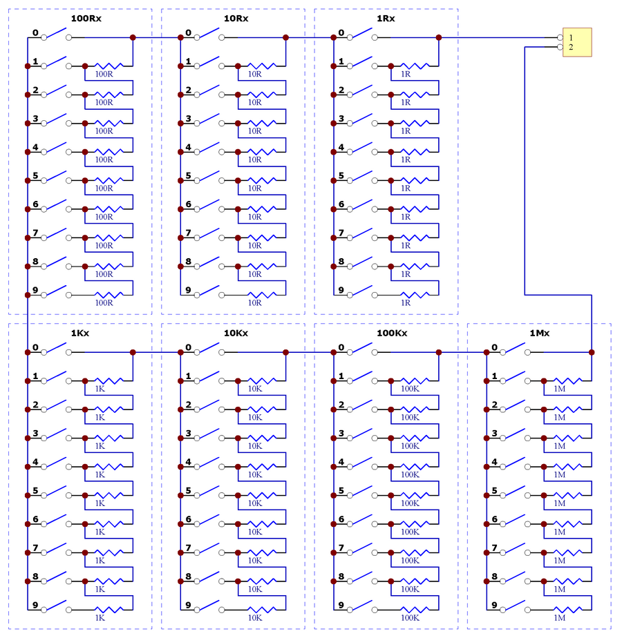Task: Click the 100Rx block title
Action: (x=86, y=19)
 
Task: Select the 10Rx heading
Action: (x=236, y=19)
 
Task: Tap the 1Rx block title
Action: (x=386, y=19)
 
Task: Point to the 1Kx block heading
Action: (x=80, y=333)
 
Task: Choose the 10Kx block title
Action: (x=236, y=333)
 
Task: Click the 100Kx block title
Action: (x=392, y=333)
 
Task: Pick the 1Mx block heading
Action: (x=539, y=333)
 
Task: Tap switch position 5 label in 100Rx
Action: (x=35, y=176)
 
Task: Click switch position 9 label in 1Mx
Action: (x=495, y=605)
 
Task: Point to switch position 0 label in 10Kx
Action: (x=188, y=347)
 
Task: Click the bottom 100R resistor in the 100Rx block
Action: (x=109, y=295)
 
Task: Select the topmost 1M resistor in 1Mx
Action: (x=568, y=381)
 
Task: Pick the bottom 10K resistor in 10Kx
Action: (x=262, y=610)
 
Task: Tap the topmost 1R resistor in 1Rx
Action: (x=415, y=66)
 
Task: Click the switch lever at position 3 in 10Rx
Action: (x=209, y=118)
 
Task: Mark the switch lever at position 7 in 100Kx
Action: (x=362, y=548)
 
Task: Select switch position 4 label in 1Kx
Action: (x=35, y=462)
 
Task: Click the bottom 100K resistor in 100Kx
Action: (x=415, y=610)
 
